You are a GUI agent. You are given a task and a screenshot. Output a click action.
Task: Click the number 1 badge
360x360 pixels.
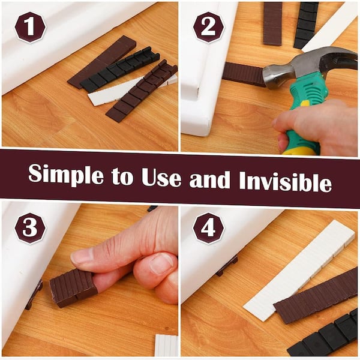coord(30,27)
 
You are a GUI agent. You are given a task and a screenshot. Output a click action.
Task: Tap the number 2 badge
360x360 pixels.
coord(208,27)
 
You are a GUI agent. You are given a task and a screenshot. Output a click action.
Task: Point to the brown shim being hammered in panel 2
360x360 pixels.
coord(243,74)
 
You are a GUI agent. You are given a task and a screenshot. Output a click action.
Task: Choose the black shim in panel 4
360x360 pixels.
coord(327,336)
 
